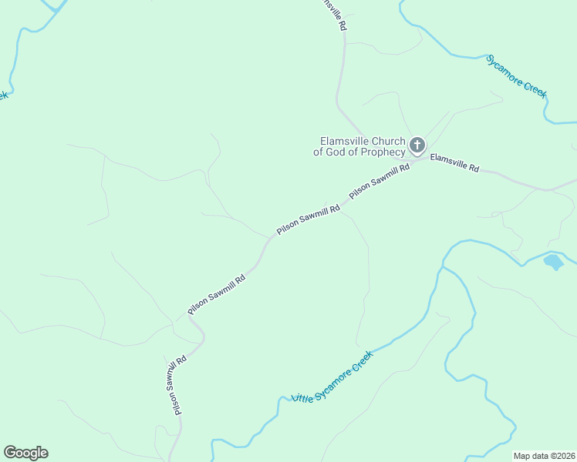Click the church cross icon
417,145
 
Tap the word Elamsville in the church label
345,141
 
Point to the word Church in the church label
388,141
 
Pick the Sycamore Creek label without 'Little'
516,75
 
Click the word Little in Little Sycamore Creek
301,398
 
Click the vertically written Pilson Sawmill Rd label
180,385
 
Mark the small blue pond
553,262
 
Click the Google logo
25,453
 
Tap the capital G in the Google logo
10,452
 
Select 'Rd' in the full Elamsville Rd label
473,168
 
